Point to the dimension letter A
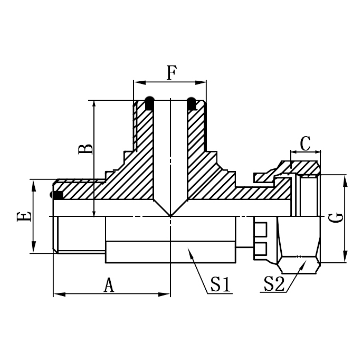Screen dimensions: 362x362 tap(109, 285)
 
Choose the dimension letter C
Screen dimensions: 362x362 tap(305, 142)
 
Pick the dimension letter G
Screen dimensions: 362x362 tap(338, 217)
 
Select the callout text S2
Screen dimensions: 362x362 tap(274, 285)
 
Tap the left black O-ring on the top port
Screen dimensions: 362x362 tap(150, 104)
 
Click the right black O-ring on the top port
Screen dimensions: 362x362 tap(190, 104)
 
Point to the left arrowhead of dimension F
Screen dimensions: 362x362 tap(135, 82)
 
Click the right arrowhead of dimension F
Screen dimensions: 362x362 tap(205, 82)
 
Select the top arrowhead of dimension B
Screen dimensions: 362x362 tap(94, 102)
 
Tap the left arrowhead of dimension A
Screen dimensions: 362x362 tap(55, 294)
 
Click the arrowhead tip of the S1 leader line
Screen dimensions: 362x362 tap(190, 251)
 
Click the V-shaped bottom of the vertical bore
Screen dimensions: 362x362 tap(170, 215)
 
